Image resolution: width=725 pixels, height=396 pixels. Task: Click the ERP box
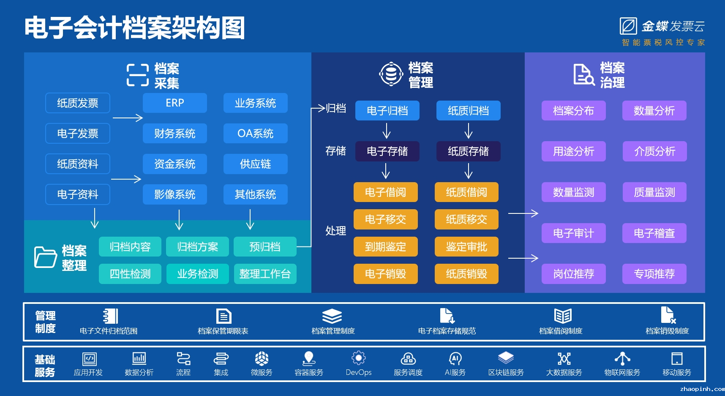pyautogui.click(x=175, y=103)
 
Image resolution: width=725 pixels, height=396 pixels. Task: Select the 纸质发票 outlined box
pyautogui.click(x=78, y=103)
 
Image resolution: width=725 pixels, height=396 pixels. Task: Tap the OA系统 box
pyautogui.click(x=256, y=134)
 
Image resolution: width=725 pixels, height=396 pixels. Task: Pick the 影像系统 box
pyautogui.click(x=175, y=194)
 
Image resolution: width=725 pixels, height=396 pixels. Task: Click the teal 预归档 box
pyautogui.click(x=265, y=247)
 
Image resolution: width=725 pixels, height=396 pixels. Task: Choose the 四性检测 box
pyautogui.click(x=130, y=274)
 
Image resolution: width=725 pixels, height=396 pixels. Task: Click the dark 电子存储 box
pyautogui.click(x=387, y=151)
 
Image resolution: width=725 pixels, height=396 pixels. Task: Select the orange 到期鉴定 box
pyautogui.click(x=386, y=247)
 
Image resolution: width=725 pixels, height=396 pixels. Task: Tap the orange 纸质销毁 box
pyautogui.click(x=467, y=274)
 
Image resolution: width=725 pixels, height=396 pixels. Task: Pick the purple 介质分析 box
pyautogui.click(x=655, y=151)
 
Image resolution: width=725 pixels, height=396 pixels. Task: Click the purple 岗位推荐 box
pyautogui.click(x=574, y=274)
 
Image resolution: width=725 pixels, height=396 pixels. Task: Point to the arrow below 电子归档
pyautogui.click(x=387, y=131)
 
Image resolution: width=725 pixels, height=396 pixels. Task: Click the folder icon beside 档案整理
pyautogui.click(x=46, y=257)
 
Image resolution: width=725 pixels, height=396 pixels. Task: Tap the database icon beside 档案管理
pyautogui.click(x=391, y=74)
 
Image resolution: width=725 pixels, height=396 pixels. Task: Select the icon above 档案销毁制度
pyautogui.click(x=668, y=315)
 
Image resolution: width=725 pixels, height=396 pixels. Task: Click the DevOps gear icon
pyautogui.click(x=359, y=358)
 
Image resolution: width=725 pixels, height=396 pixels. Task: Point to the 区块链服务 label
pyautogui.click(x=506, y=372)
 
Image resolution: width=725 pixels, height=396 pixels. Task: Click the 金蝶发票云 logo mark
pyautogui.click(x=628, y=26)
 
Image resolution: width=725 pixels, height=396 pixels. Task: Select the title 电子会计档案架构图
pyautogui.click(x=135, y=28)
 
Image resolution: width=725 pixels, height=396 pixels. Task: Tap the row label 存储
pyautogui.click(x=336, y=151)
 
